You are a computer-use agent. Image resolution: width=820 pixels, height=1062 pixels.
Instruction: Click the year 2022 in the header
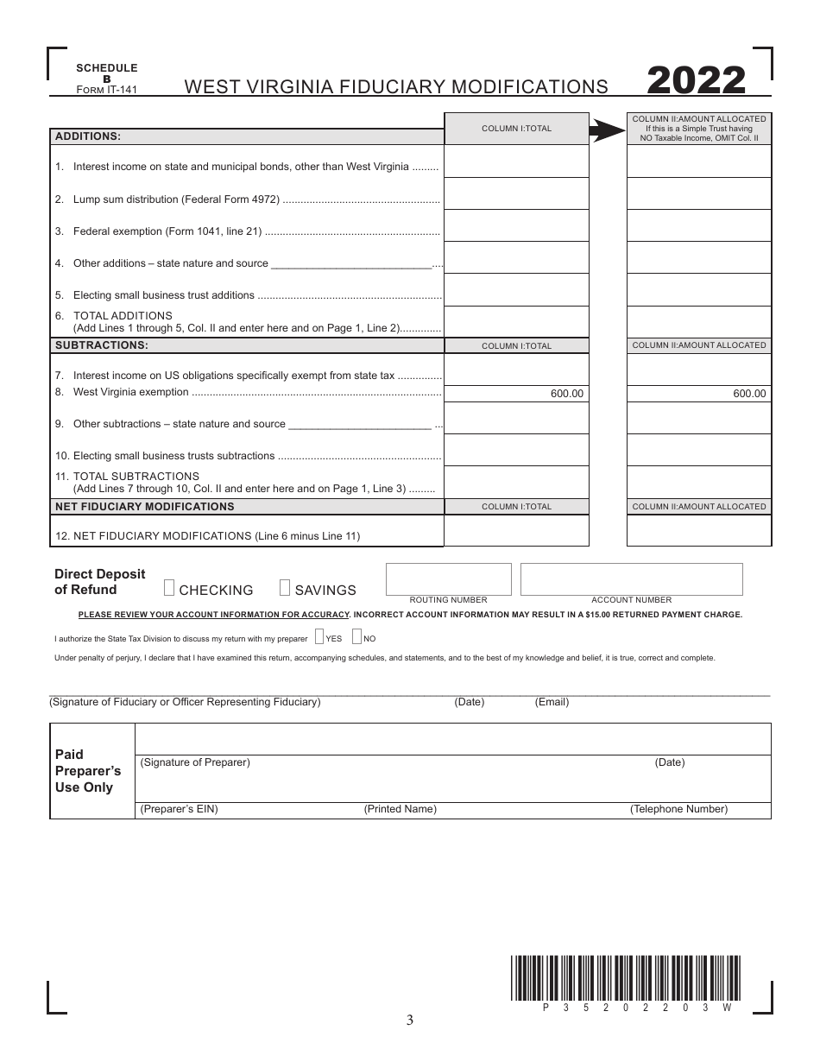click(696, 80)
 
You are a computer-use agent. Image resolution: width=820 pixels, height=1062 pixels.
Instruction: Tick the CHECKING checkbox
click(169, 589)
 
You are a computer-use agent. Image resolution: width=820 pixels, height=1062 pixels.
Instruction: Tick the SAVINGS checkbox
click(285, 589)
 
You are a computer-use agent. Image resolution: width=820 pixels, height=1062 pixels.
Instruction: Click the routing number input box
click(448, 578)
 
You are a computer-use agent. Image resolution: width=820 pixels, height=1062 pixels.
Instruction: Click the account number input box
click(631, 578)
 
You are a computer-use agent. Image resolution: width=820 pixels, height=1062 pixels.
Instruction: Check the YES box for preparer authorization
click(319, 638)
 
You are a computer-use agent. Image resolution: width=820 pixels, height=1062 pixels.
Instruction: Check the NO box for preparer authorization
click(357, 638)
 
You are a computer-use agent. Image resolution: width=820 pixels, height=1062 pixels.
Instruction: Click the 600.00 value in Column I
click(567, 394)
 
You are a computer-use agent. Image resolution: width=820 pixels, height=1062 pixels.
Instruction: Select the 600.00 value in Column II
click(749, 394)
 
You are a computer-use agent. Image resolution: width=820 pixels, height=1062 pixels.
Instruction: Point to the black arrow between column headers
click(608, 130)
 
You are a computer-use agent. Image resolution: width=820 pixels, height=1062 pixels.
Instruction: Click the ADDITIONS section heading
click(88, 136)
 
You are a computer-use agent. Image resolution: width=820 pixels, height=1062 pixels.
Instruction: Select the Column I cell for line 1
click(516, 161)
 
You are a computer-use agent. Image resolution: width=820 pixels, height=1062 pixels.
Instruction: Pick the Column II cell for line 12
click(698, 531)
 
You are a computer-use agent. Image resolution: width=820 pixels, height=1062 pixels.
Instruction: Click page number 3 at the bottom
click(410, 1021)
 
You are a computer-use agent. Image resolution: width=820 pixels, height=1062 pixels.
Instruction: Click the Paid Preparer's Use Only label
click(87, 771)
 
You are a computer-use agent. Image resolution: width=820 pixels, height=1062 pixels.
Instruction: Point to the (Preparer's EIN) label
click(180, 810)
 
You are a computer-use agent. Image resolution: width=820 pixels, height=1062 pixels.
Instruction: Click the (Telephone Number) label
click(678, 810)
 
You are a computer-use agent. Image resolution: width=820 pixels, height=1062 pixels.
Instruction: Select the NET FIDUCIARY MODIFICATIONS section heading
click(145, 507)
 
